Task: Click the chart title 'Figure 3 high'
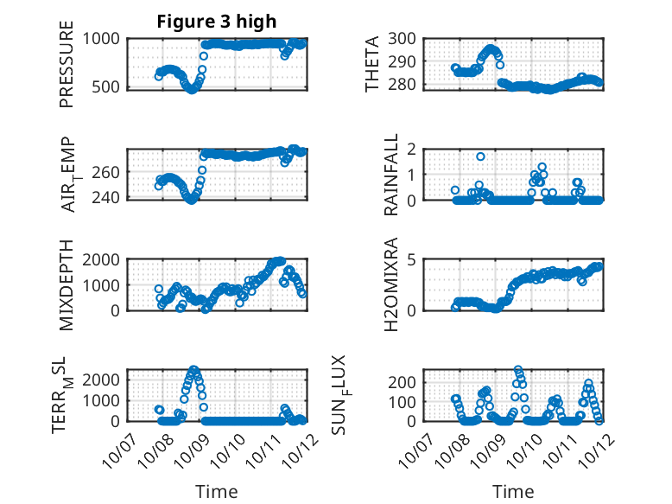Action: coord(217,22)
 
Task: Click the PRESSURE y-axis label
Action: coord(67,66)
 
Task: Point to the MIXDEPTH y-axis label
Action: coord(67,284)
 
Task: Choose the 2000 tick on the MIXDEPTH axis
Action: coord(104,259)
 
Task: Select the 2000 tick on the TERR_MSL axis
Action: coord(104,380)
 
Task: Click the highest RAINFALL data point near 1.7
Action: coord(480,157)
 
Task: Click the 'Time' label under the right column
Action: coord(513,492)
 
